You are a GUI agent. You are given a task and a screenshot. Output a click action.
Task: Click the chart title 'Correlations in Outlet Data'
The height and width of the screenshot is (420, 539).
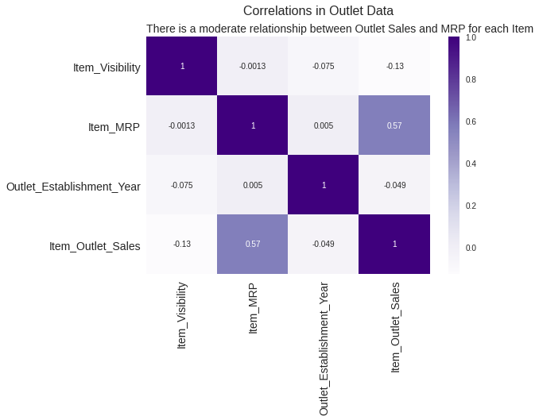pos(318,11)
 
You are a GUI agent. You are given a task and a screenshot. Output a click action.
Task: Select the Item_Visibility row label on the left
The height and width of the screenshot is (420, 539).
pos(107,67)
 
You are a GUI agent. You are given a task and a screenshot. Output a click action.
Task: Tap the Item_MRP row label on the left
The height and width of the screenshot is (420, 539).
pos(114,126)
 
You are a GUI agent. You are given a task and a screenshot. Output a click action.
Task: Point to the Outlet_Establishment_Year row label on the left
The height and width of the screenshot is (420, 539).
pos(73,187)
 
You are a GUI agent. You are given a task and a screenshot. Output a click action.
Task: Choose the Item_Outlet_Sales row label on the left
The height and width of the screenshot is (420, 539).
pos(95,246)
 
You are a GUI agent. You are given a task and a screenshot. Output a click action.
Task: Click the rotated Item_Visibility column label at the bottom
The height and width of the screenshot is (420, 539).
pos(183,315)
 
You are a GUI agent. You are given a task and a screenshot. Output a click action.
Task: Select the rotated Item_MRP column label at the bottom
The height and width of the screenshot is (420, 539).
pos(254,307)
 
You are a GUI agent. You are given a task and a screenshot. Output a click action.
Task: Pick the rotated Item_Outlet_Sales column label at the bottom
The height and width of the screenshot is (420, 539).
pos(396,326)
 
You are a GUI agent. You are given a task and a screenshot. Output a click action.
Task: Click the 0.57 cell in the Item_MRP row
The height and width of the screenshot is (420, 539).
pos(394,125)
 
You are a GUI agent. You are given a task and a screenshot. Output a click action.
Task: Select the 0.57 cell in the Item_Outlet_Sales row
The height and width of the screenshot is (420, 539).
pos(253,245)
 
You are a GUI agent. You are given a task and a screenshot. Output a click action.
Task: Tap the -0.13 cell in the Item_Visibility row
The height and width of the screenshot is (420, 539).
pos(394,66)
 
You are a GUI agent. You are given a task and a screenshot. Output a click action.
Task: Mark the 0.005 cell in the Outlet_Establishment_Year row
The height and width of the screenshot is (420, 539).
pos(253,185)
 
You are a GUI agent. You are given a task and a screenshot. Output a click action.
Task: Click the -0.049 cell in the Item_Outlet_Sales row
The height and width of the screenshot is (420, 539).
pos(324,245)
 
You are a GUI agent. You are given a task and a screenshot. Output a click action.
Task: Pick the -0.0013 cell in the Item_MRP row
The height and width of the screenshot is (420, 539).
pos(182,125)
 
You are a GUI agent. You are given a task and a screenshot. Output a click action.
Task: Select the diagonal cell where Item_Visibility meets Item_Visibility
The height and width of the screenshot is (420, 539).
pos(182,66)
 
